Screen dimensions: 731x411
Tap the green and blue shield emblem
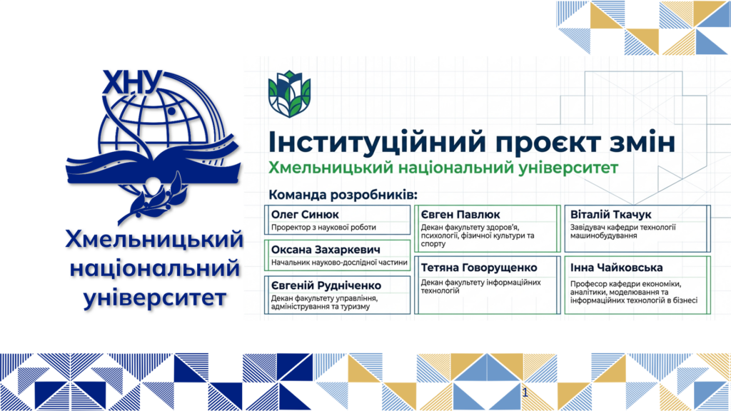(x=290, y=93)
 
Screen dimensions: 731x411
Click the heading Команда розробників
(x=343, y=195)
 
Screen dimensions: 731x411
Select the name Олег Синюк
(x=305, y=214)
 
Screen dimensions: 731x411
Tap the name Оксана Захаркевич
(x=326, y=249)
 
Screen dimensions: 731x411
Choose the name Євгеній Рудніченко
(x=326, y=285)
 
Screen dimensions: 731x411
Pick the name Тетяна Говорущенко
(x=479, y=268)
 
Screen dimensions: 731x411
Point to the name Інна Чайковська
(x=616, y=268)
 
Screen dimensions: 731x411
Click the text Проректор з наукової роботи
(x=323, y=228)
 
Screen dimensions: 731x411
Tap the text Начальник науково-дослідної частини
(x=339, y=263)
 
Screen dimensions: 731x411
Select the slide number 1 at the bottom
(x=525, y=392)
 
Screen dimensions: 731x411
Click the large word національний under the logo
(x=155, y=269)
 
